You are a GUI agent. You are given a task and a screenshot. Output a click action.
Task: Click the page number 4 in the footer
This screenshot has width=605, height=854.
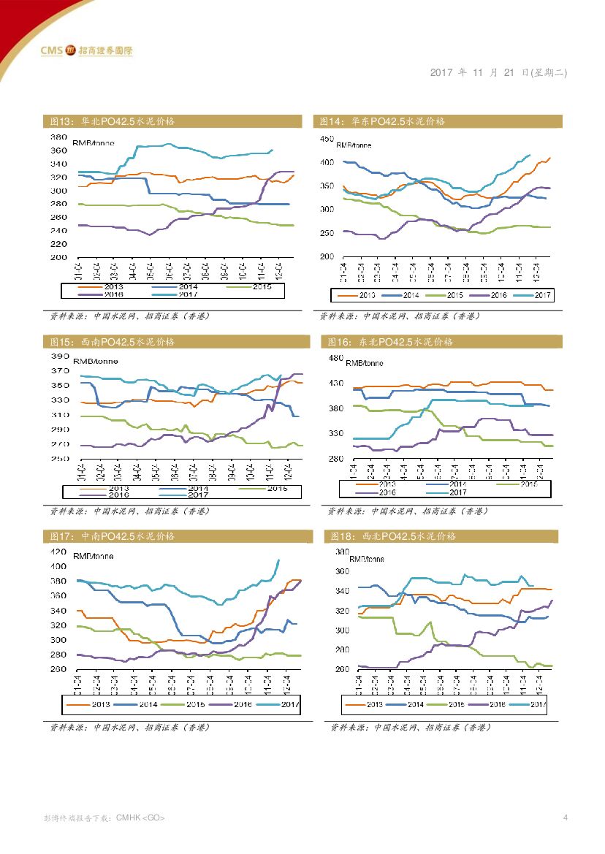565,817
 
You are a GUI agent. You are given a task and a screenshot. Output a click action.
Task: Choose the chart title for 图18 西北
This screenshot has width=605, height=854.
394,536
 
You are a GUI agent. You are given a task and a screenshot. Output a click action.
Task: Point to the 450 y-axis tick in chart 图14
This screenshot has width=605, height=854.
327,139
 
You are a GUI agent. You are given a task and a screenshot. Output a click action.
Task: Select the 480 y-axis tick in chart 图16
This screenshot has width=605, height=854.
335,358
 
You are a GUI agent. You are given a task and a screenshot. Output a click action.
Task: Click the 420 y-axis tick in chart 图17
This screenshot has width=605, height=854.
58,552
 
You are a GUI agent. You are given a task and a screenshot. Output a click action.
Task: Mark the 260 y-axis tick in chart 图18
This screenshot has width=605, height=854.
341,669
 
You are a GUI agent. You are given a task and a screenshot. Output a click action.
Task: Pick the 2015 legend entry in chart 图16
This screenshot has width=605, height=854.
527,484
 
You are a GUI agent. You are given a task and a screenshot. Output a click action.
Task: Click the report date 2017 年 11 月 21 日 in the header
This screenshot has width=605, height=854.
498,73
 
